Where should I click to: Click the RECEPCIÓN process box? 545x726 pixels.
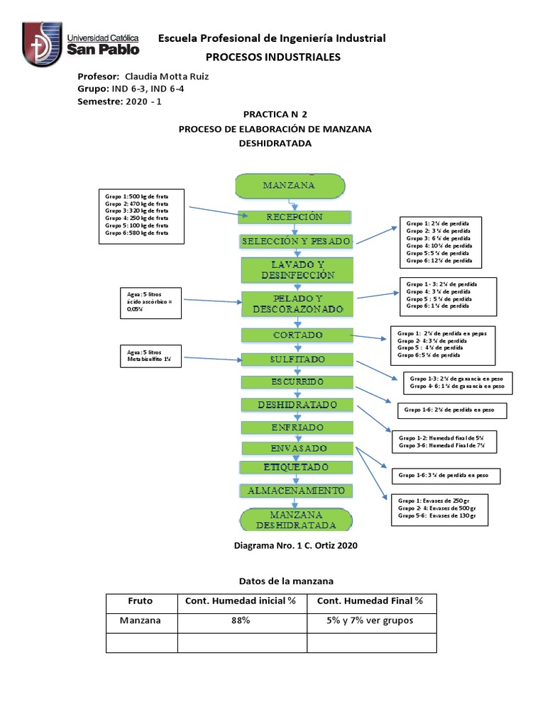(294, 217)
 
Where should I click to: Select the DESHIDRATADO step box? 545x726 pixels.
(297, 405)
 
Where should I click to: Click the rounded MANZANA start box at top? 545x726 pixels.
(290, 186)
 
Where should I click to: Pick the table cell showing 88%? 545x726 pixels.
(241, 620)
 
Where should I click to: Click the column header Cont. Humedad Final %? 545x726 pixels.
(370, 602)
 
